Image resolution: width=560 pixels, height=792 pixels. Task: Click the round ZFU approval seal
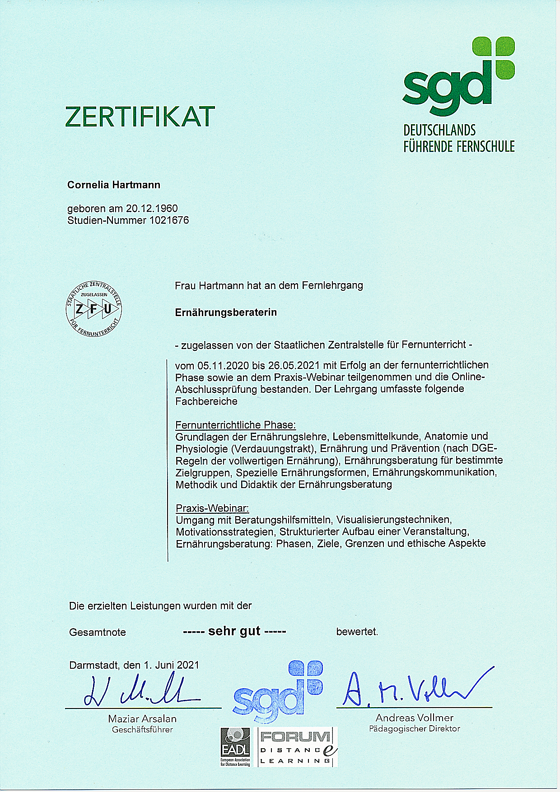[93, 309]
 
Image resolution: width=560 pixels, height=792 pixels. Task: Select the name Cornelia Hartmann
[114, 185]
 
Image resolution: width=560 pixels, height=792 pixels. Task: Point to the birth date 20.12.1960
[152, 209]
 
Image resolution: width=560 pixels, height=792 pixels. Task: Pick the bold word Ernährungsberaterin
[226, 312]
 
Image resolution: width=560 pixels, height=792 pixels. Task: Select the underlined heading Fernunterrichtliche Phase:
[236, 425]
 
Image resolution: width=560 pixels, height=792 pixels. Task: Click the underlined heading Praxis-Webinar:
[212, 508]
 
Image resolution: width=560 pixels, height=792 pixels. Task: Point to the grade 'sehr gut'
[234, 631]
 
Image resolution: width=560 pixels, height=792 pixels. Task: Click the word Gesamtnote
[98, 632]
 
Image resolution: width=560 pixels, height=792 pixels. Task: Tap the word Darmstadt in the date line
[92, 665]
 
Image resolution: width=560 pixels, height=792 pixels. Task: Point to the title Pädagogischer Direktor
[414, 728]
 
